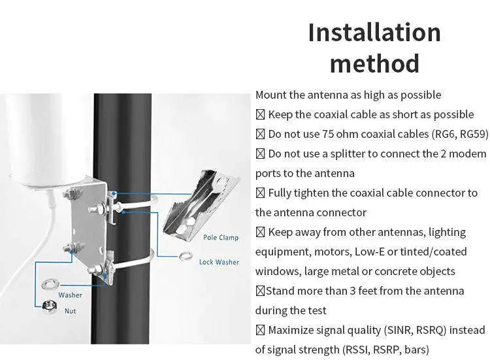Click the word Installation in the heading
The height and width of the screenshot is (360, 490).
coord(374,33)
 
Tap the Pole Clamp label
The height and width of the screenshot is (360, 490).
coord(220,238)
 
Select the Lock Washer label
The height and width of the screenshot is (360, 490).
coord(219,262)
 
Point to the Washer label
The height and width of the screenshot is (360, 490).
coord(70,295)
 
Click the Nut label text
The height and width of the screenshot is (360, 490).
coord(70,311)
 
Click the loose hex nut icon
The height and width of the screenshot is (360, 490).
coord(48,306)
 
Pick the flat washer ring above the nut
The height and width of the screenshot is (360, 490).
coord(49,284)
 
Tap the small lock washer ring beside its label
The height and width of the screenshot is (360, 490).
coord(185,255)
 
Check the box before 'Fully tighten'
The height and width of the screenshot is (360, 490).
coord(261,193)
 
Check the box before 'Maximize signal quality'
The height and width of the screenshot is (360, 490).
coord(260,330)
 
